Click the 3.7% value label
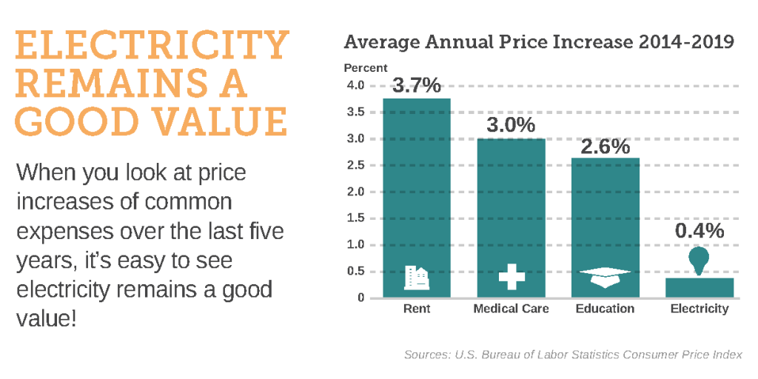click(416, 85)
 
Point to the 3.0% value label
click(511, 125)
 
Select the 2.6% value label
click(605, 146)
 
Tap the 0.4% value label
click(699, 230)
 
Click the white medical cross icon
click(511, 277)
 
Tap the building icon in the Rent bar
click(416, 277)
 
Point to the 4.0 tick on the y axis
click(355, 86)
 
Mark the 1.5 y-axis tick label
click(355, 218)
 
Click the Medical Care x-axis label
click(511, 309)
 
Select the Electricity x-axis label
click(699, 309)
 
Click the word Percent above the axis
click(366, 68)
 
